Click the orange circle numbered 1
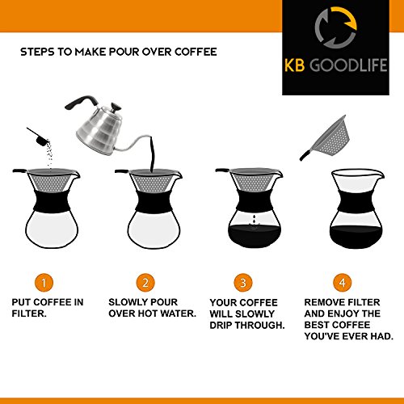(x=44, y=283)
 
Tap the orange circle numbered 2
(x=145, y=283)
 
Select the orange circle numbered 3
(x=243, y=283)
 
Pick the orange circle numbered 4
(x=343, y=283)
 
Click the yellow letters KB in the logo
(x=295, y=65)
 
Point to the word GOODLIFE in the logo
(x=348, y=65)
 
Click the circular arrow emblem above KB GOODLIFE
(x=336, y=27)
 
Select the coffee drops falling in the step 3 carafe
(x=254, y=221)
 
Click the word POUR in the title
(x=124, y=52)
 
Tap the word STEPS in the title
(x=37, y=52)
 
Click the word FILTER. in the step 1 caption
(x=29, y=314)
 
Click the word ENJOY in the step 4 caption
(x=343, y=314)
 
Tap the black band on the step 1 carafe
(x=52, y=200)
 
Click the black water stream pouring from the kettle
(x=152, y=154)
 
